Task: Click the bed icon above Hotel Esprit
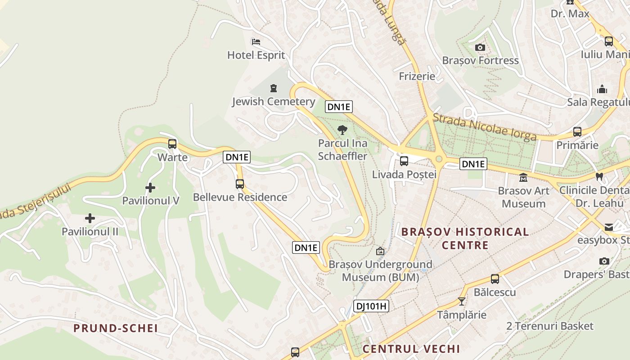coord(256,42)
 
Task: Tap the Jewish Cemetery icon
coord(274,88)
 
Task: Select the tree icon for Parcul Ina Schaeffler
coord(342,130)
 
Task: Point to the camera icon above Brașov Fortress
coord(480,47)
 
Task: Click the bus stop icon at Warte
coord(172,144)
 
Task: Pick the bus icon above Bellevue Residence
coord(240,184)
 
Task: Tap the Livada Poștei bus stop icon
coord(404,161)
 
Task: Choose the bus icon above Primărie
coord(577,132)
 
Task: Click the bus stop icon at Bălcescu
coord(495,279)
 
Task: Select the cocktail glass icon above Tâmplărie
coord(462,301)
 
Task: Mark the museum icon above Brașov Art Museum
coord(523,178)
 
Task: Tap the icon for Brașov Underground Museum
coord(380,251)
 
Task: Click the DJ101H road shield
coord(371,306)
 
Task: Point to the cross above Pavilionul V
coord(150,188)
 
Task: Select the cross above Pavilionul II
coord(90,219)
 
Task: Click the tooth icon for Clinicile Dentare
coord(599,177)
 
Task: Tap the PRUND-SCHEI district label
coord(116,328)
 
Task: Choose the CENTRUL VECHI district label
coord(411,349)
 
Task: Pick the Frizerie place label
coord(417,76)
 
